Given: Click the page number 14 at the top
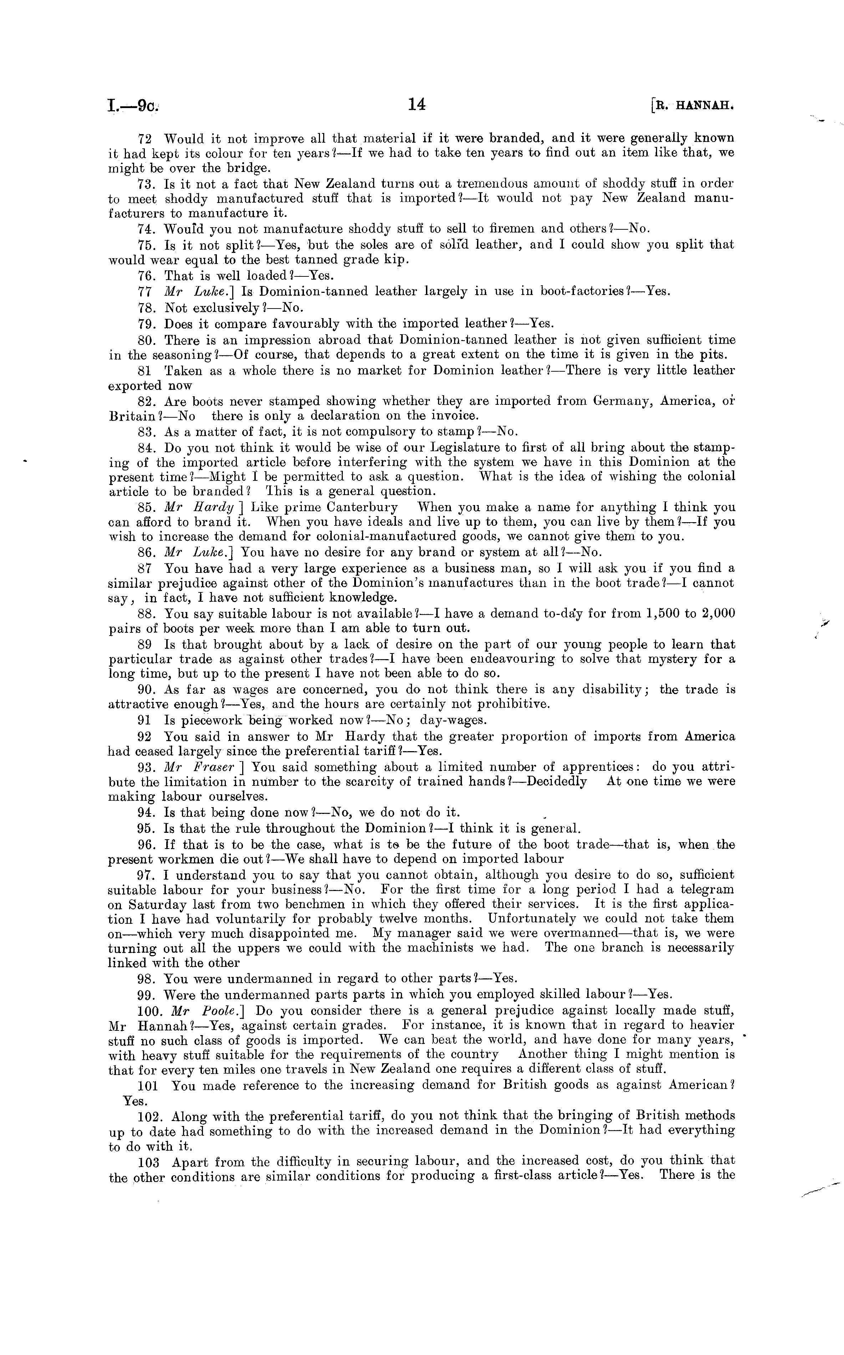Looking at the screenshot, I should (x=417, y=105).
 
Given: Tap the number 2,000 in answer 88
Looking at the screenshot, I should (x=716, y=613).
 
